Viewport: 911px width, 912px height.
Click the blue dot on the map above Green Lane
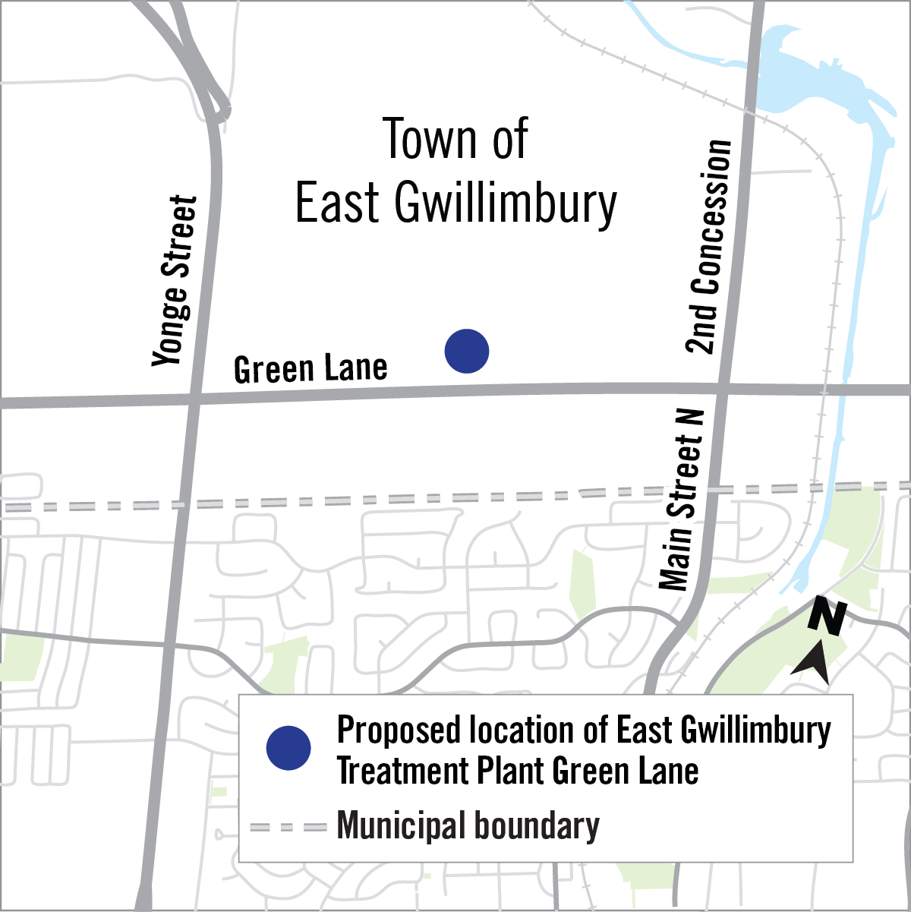tap(467, 351)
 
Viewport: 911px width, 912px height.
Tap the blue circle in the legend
tap(288, 748)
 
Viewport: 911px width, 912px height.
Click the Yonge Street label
tap(175, 281)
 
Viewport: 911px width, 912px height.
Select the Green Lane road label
tap(310, 369)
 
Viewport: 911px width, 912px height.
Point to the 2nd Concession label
tap(710, 247)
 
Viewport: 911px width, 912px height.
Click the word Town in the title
tap(421, 140)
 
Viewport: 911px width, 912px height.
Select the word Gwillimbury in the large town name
tap(506, 204)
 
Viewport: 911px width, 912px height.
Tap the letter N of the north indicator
tap(827, 616)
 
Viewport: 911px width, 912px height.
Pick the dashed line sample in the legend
tap(288, 827)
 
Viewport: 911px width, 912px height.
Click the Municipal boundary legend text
tap(468, 826)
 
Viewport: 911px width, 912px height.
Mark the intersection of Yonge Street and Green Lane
tap(195, 399)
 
